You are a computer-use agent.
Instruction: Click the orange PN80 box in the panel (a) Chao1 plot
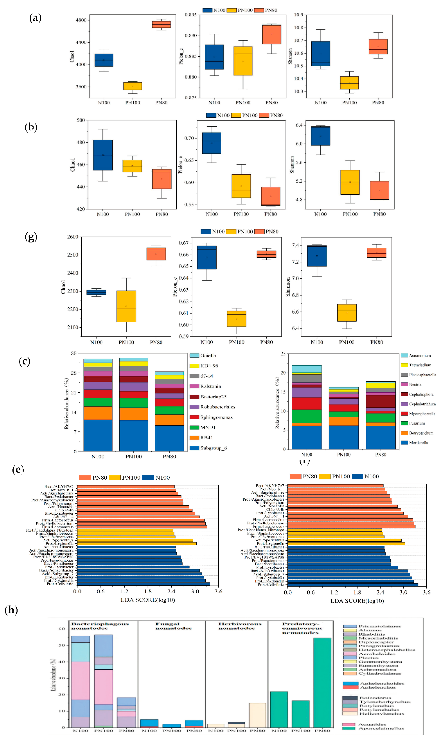pyautogui.click(x=161, y=24)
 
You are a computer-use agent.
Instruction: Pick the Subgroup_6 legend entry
pyautogui.click(x=213, y=448)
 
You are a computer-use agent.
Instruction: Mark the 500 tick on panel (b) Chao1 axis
pyautogui.click(x=81, y=120)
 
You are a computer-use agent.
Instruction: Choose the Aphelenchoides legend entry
pyautogui.click(x=382, y=683)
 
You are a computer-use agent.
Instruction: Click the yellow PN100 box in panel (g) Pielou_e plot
pyautogui.click(x=236, y=319)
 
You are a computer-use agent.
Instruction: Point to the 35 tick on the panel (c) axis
pyautogui.click(x=73, y=353)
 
